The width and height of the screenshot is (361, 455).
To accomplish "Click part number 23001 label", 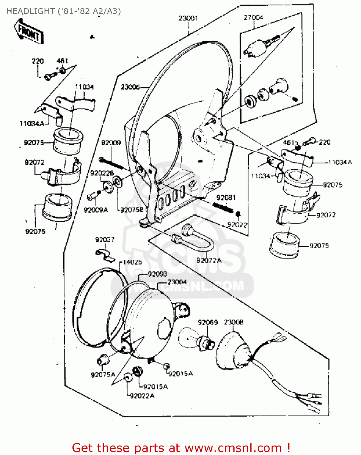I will [188, 18].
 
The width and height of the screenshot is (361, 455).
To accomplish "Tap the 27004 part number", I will [253, 18].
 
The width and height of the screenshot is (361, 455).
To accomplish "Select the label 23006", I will [130, 87].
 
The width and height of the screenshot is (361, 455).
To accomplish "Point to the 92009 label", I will [111, 143].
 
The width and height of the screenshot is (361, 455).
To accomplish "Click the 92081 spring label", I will [226, 198].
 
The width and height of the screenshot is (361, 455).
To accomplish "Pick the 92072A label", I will [209, 260].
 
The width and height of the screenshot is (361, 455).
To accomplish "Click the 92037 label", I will [105, 240].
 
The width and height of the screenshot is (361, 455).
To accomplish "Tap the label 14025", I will [132, 262].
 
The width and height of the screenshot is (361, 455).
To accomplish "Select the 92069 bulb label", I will [208, 322].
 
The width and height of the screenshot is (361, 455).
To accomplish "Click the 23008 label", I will [233, 322].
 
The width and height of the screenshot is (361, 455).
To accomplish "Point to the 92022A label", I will [142, 396].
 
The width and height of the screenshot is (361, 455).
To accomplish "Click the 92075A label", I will [103, 375].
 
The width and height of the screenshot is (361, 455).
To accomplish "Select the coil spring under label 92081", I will [223, 207].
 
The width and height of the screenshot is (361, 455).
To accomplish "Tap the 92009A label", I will [96, 210].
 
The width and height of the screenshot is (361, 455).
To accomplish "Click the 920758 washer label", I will [132, 210].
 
